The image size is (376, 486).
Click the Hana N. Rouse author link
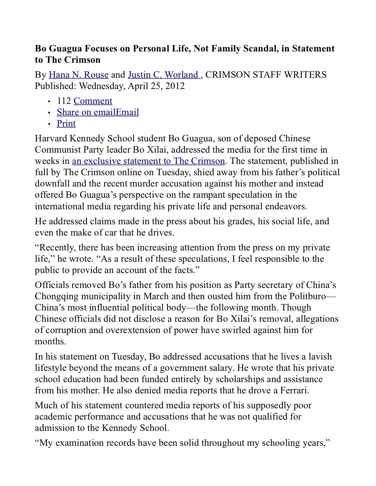(x=79, y=75)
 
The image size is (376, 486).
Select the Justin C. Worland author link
(x=164, y=75)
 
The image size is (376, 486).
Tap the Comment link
(x=93, y=101)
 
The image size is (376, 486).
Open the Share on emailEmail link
(x=98, y=112)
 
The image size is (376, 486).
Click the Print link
(x=66, y=123)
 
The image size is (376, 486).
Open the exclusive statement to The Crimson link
(x=148, y=161)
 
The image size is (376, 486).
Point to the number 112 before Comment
(x=64, y=101)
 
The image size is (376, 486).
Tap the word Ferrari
(x=291, y=390)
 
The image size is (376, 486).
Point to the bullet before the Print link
(x=49, y=124)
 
